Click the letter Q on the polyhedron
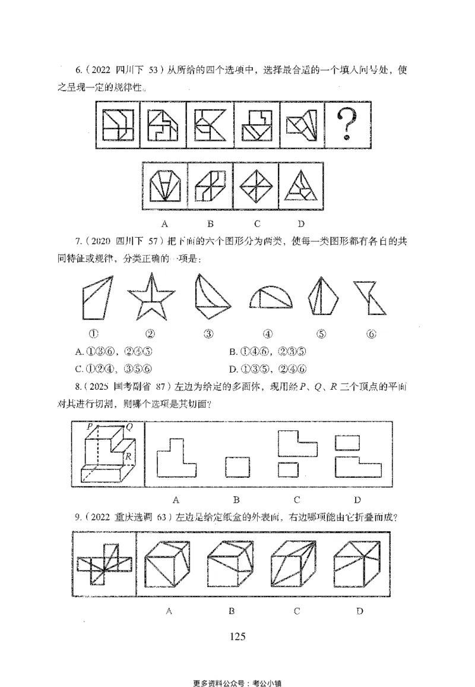[x=128, y=426]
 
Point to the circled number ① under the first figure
[x=93, y=333]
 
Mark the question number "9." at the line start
[x=78, y=517]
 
